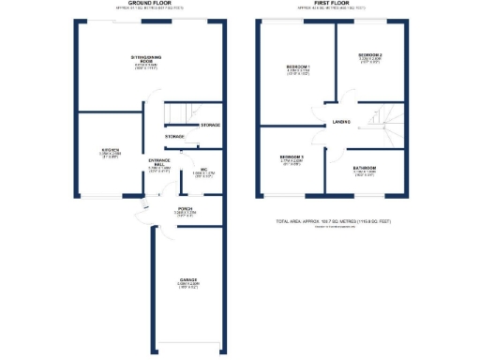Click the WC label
(202, 170)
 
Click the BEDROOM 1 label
(298, 67)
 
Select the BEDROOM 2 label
(369, 55)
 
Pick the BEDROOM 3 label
(292, 156)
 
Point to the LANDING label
(340, 124)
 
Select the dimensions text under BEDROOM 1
(298, 74)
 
